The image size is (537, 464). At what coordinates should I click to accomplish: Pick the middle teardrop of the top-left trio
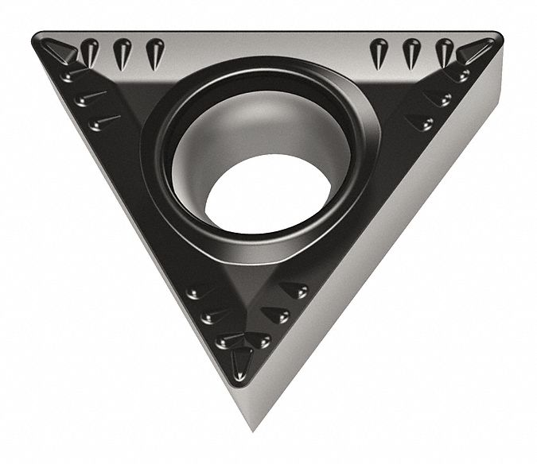[121, 52]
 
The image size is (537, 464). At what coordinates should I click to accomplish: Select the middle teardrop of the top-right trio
[411, 52]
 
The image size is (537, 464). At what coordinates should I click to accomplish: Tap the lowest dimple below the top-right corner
[421, 122]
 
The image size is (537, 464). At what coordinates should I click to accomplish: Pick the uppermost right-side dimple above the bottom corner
[295, 292]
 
